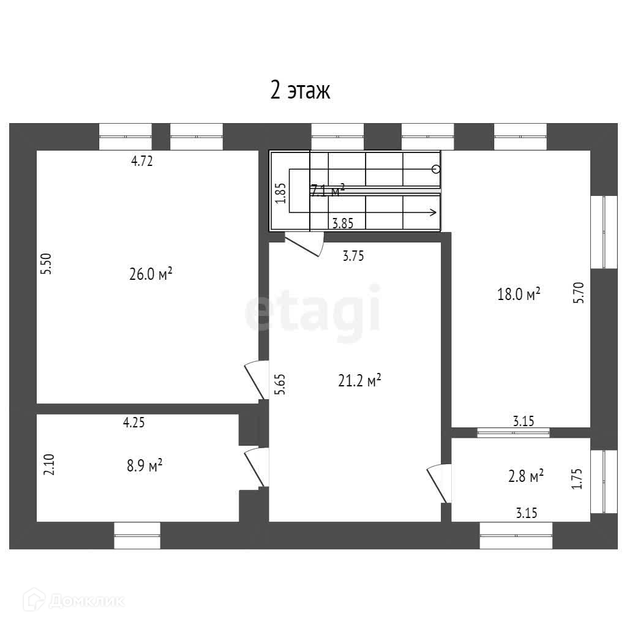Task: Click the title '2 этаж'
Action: coord(300,91)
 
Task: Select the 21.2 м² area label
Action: coord(359,381)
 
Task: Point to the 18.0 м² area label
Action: coord(519,295)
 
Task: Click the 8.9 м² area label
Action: coord(145,466)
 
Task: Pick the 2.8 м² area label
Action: coord(526,476)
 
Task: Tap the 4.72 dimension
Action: coord(141,162)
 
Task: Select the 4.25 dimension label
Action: coord(134,422)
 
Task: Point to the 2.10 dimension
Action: coord(50,464)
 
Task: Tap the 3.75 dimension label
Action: coord(353,257)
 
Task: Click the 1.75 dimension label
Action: coord(576,478)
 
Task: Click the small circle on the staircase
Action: coord(435,169)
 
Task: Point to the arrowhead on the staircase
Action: coord(433,213)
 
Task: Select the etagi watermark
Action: coord(312,313)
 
